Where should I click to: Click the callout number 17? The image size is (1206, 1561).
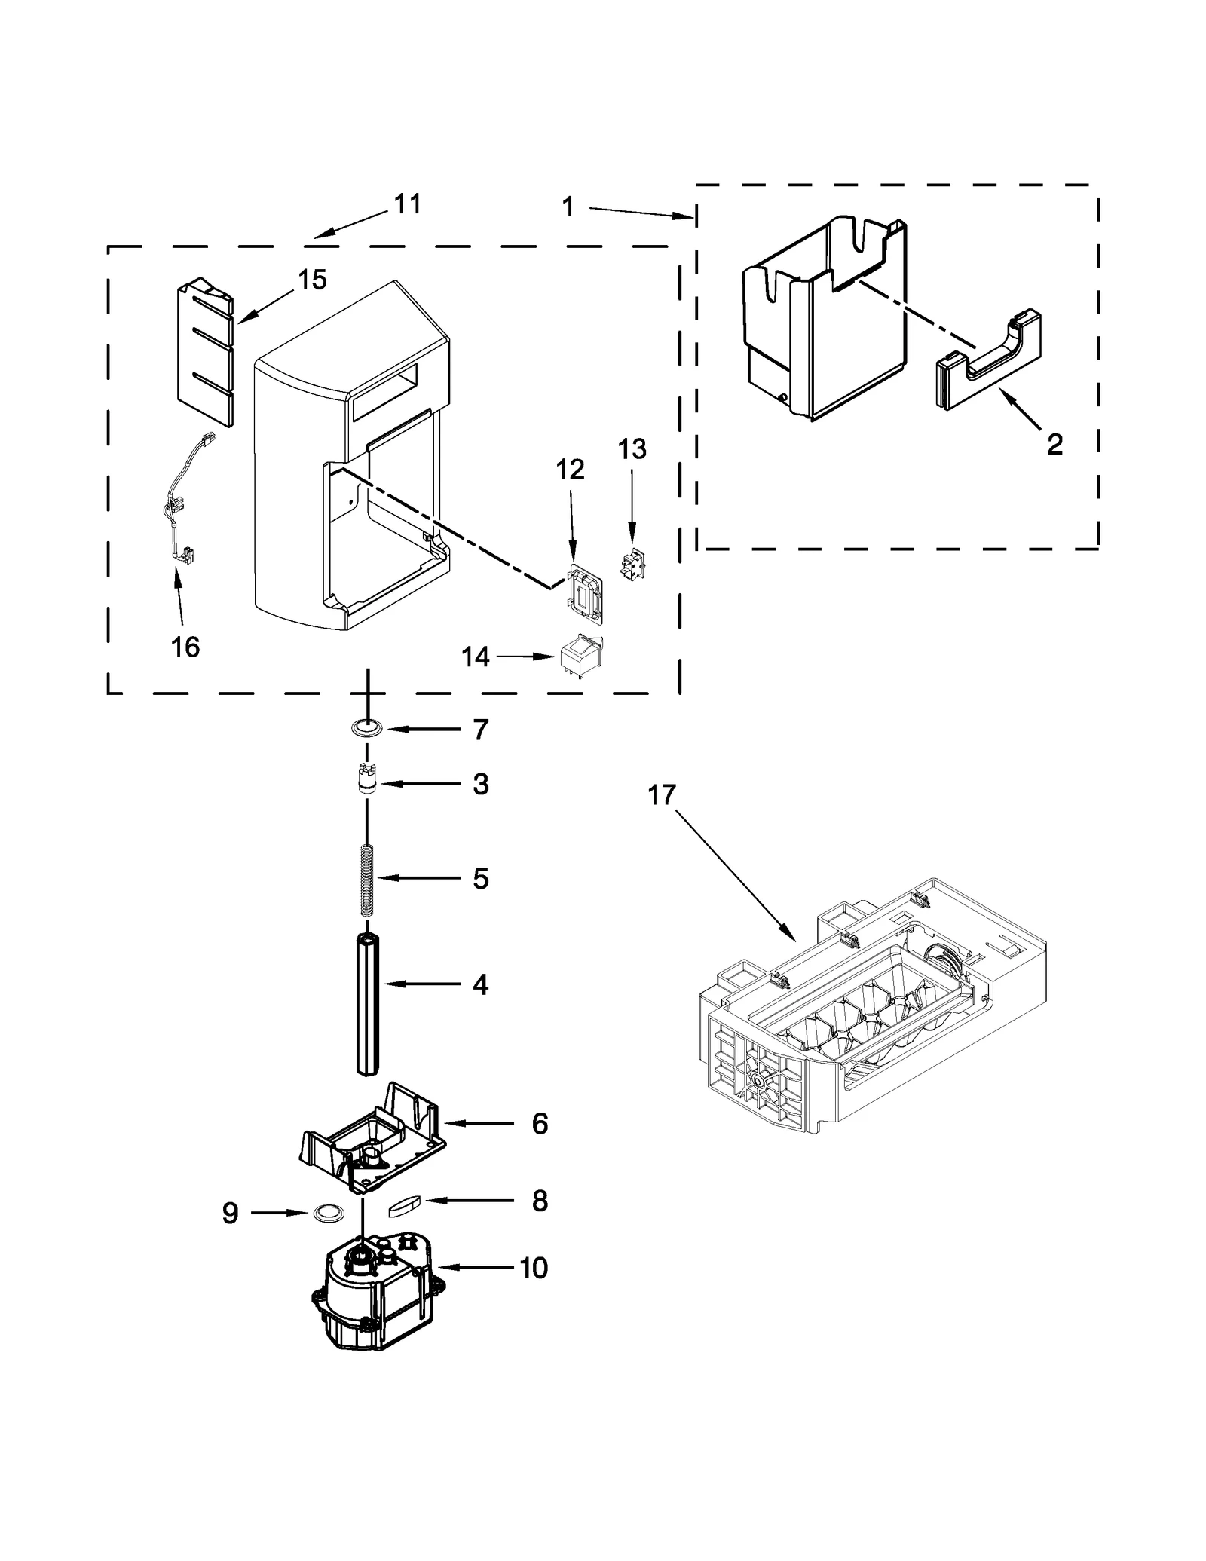click(662, 795)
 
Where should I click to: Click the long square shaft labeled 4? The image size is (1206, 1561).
click(368, 1005)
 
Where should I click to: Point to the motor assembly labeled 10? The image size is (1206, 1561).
click(375, 1293)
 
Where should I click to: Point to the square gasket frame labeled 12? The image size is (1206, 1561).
click(584, 593)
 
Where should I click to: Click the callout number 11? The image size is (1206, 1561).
click(408, 204)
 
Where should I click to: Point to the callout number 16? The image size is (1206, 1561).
click(185, 647)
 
